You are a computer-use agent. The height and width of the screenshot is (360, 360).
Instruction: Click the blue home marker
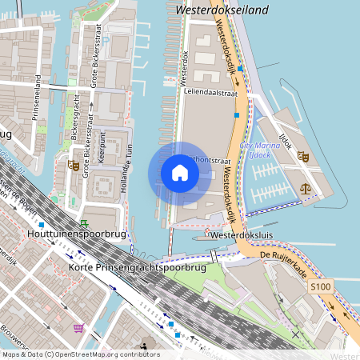179,173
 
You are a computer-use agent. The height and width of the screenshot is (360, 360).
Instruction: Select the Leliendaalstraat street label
211,93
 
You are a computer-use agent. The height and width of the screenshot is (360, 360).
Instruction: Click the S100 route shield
321,286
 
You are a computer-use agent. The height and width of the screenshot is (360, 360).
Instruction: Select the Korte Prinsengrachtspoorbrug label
137,266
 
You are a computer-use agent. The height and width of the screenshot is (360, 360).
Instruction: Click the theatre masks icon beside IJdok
302,157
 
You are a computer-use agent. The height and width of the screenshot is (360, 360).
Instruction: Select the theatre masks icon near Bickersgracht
74,166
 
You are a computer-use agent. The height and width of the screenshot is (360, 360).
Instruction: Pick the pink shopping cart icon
78,328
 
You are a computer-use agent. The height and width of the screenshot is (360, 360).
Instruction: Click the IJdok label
283,127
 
